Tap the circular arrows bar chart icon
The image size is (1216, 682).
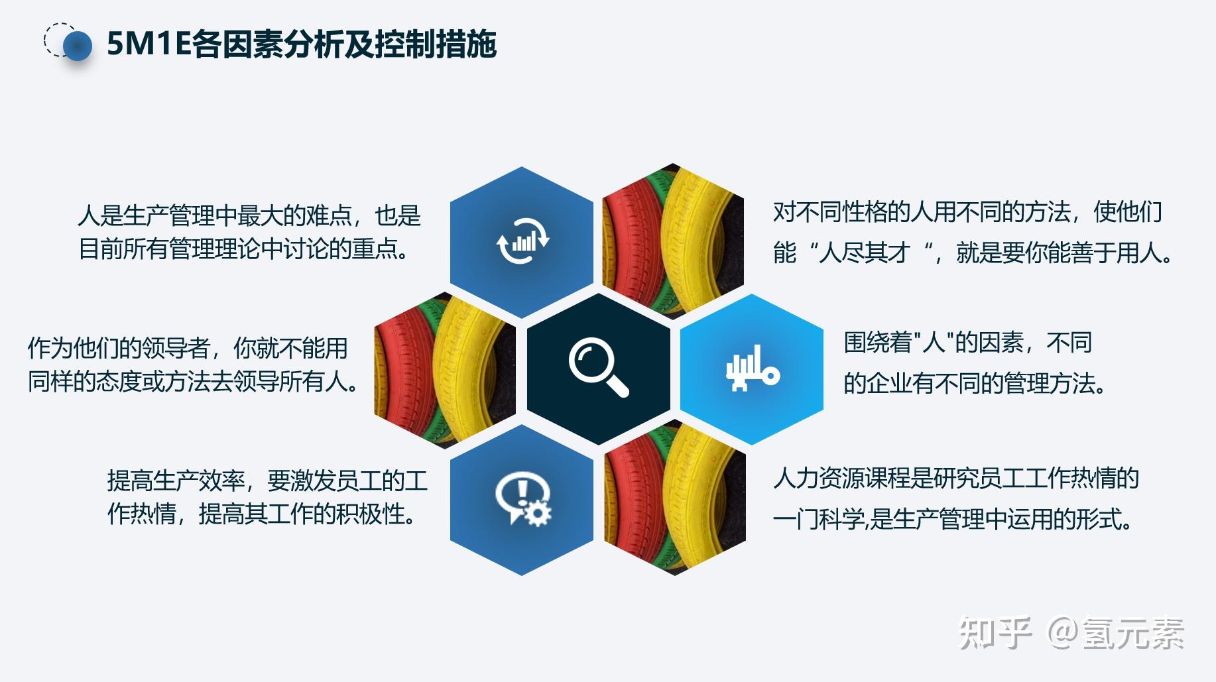pyautogui.click(x=522, y=240)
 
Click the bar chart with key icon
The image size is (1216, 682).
pyautogui.click(x=753, y=368)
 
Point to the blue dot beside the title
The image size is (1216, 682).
pyautogui.click(x=78, y=45)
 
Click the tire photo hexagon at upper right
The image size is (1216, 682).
pyautogui.click(x=673, y=240)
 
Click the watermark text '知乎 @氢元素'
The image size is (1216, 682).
pyautogui.click(x=1071, y=632)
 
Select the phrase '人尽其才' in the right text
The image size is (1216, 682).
pyautogui.click(x=864, y=253)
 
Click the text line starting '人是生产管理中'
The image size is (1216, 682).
pyautogui.click(x=249, y=215)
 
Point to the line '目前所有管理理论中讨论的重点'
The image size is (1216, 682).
pyautogui.click(x=243, y=249)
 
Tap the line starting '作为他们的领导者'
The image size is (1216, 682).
pyautogui.click(x=188, y=348)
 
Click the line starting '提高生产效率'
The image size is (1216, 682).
pyautogui.click(x=267, y=481)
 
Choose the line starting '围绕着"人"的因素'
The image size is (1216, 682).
pyautogui.click(x=967, y=343)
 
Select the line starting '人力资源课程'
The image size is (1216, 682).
pyautogui.click(x=955, y=478)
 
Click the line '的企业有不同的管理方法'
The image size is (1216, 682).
pyautogui.click(x=974, y=383)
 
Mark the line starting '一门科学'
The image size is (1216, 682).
pyautogui.click(x=952, y=519)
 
